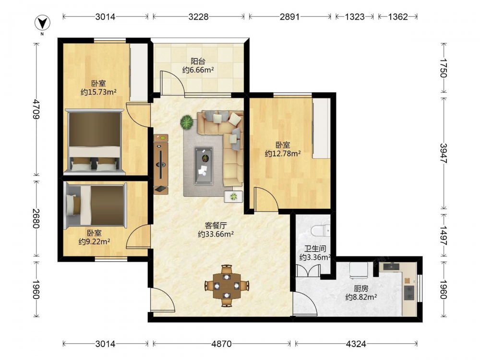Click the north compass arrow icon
42,23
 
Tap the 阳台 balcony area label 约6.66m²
198,66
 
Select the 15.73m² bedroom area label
98,87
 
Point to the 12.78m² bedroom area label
283,149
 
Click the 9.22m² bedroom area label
94,237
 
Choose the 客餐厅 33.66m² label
216,230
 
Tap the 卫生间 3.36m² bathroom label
315,253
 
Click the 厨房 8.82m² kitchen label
361,293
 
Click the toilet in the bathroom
320,231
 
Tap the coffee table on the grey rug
204,166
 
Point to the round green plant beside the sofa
187,122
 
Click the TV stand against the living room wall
161,164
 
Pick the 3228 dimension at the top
198,16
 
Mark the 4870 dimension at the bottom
221,344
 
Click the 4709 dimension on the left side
36,109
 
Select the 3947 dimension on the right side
444,153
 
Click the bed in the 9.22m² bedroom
96,206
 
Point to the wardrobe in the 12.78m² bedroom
322,128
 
